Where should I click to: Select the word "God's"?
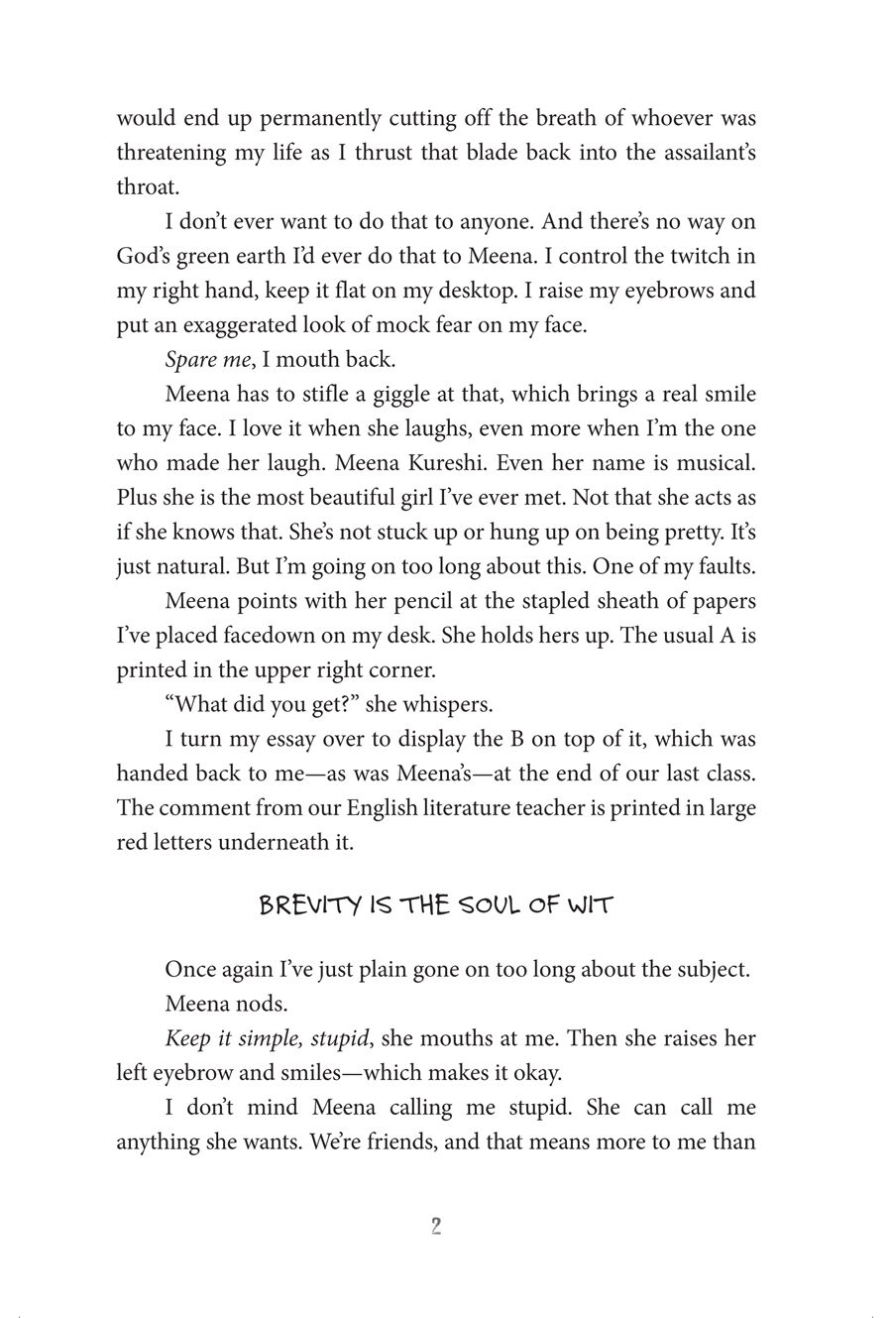point(145,257)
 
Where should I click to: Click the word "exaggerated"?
point(239,325)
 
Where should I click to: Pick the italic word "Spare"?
point(190,360)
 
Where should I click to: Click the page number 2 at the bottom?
point(436,1227)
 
